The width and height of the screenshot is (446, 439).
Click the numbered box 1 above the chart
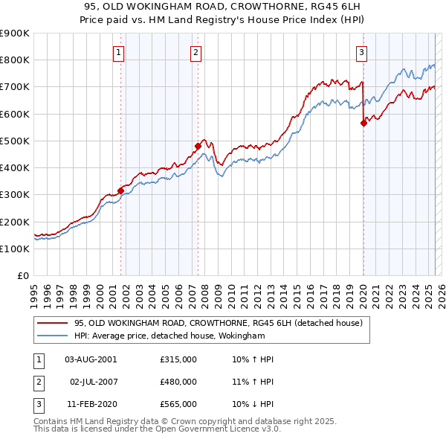120,52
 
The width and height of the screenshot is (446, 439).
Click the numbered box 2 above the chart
195,52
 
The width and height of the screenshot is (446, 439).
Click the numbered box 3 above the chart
361,52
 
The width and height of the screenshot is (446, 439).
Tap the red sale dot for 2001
120,190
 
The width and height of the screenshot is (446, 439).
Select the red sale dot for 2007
198,146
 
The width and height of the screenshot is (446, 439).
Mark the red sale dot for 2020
363,124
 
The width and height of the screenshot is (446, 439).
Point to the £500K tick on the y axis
15,141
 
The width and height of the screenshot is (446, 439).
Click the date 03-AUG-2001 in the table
91,359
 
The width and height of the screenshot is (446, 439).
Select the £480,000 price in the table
178,382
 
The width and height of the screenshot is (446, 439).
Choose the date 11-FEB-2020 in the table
91,404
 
